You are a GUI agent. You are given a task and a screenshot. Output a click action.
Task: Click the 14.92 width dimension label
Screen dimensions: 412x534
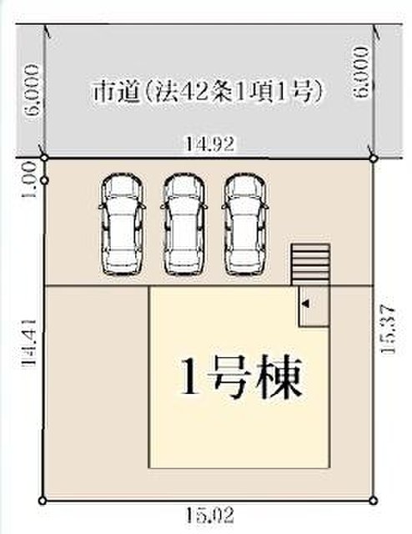point(209,144)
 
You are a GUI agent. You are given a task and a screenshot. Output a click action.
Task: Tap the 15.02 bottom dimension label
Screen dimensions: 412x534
point(210,515)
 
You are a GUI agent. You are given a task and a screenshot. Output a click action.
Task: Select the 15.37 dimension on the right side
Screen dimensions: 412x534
point(387,330)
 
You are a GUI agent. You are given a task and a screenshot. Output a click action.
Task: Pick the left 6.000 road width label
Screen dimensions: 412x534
point(33,90)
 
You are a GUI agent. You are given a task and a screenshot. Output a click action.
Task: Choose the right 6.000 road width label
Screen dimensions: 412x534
point(361,73)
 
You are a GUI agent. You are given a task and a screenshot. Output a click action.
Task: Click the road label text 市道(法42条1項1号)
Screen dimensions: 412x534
point(208,91)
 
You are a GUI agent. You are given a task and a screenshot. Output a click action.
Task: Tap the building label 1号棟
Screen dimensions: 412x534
point(242,376)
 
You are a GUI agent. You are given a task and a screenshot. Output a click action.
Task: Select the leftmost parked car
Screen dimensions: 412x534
point(122,224)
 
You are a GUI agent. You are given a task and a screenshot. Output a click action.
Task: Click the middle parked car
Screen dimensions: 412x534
point(184,224)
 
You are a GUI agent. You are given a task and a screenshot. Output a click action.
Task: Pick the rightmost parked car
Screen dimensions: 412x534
point(245,224)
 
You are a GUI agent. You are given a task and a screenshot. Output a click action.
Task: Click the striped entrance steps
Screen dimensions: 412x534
point(310,264)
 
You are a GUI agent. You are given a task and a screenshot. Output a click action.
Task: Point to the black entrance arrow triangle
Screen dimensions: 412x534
point(306,304)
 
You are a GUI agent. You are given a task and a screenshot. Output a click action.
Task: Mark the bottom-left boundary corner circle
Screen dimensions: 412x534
point(43,501)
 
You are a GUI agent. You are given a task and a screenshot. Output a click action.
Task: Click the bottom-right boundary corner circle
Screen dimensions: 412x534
point(374,501)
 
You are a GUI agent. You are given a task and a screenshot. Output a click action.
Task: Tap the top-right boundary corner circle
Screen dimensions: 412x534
point(374,159)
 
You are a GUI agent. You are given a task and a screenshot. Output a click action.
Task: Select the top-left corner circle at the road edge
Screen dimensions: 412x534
point(44,158)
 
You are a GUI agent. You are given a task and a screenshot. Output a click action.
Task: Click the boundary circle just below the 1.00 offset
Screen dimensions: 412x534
point(44,180)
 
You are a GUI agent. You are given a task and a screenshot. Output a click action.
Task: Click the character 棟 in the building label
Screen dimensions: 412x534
point(280,376)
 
